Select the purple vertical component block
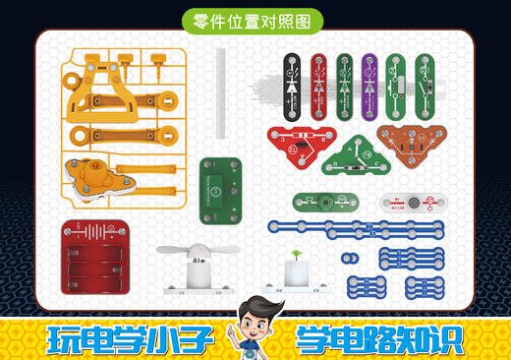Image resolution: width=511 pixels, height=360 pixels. (370, 79)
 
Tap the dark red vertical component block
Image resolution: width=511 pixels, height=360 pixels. (318, 79)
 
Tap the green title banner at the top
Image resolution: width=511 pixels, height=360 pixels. (254, 19)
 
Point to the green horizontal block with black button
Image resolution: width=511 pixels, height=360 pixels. (319, 203)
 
